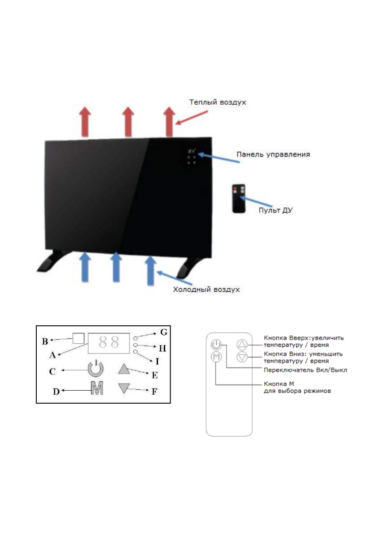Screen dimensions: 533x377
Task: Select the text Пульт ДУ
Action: click(x=275, y=210)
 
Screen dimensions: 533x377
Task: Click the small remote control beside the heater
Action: click(x=239, y=197)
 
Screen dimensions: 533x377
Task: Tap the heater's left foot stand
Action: click(x=53, y=264)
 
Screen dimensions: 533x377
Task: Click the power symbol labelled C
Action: click(x=95, y=369)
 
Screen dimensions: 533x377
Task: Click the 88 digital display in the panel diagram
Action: click(x=109, y=343)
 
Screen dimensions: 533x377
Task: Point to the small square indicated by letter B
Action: click(x=78, y=338)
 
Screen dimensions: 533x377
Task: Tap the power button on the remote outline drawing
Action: click(x=216, y=345)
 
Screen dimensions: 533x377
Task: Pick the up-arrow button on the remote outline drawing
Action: click(x=242, y=345)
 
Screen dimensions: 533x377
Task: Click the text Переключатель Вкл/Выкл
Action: click(x=305, y=370)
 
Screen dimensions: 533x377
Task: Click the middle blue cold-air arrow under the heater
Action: click(x=116, y=267)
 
